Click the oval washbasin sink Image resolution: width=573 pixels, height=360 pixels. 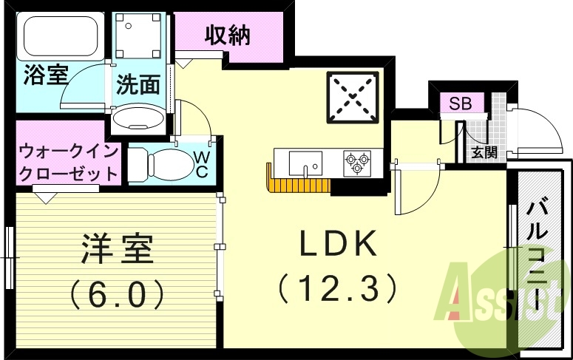141,118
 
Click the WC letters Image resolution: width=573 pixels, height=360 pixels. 200,163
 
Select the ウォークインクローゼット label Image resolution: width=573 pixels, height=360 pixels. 68,164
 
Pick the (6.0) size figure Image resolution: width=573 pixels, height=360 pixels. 117,295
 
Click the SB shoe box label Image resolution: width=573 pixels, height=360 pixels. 461,103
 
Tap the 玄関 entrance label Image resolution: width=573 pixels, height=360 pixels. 484,153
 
